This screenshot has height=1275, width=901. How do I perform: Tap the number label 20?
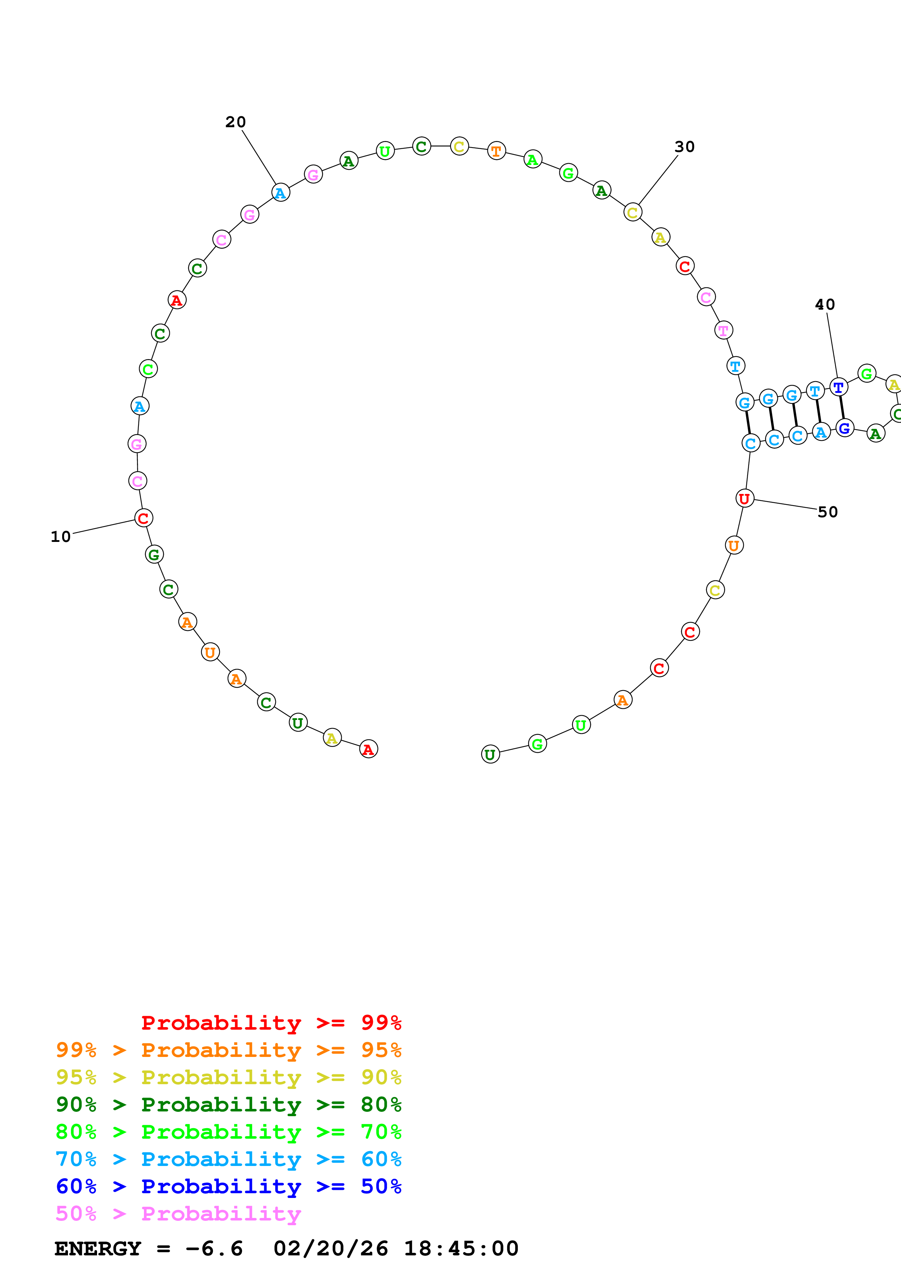[236, 122]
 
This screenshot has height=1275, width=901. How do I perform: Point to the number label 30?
[684, 146]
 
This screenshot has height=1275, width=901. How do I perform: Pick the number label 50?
[827, 512]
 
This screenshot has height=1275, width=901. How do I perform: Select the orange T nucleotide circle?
[496, 150]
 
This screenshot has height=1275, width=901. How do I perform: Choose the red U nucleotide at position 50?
[744, 498]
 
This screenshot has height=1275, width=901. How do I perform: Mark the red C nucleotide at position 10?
[143, 518]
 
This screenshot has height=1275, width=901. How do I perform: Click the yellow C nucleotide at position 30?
[632, 212]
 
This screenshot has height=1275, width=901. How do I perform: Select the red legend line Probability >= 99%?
[271, 1023]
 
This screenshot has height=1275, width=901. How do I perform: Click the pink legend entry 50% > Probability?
[178, 1214]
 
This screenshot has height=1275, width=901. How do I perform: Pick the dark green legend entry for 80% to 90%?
[228, 1105]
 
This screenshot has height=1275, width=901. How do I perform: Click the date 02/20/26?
[330, 1249]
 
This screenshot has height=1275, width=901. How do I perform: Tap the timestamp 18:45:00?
[461, 1249]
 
